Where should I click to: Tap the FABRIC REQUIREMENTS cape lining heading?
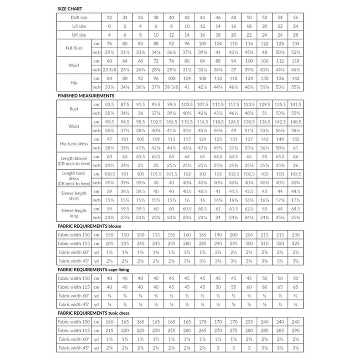[93, 269]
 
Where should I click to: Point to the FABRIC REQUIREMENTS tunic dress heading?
[92, 313]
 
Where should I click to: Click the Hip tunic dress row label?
[74, 144]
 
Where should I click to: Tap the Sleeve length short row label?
[74, 195]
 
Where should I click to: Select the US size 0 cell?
[108, 25]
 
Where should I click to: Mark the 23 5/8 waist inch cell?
[108, 69]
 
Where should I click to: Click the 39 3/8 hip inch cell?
[171, 86]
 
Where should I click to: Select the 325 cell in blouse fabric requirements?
[296, 243]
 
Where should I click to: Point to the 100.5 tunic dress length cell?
[108, 173]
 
